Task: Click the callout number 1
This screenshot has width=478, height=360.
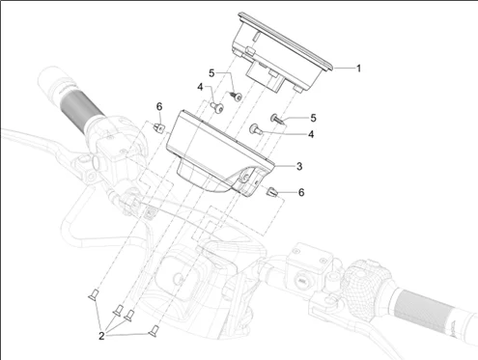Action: [x=358, y=69]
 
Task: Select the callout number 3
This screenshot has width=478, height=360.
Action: [x=299, y=166]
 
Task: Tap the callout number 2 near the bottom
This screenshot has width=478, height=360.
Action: [x=101, y=336]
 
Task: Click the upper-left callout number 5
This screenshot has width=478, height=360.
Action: [x=211, y=73]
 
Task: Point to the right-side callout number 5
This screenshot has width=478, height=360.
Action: [x=313, y=118]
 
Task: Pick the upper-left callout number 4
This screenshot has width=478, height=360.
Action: [x=201, y=87]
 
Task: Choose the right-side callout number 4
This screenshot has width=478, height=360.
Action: [x=311, y=134]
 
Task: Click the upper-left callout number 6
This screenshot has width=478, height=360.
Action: [x=159, y=106]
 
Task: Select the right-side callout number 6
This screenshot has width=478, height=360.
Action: [x=301, y=192]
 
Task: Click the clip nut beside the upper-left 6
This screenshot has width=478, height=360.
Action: [x=158, y=127]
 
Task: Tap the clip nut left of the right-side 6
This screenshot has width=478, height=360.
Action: [x=271, y=192]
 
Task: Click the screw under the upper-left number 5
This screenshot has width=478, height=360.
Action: [x=236, y=96]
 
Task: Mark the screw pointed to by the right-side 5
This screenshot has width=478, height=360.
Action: [x=277, y=120]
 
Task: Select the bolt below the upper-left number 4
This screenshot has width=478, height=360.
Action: [x=217, y=107]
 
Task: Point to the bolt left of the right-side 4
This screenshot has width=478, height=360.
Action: [x=256, y=129]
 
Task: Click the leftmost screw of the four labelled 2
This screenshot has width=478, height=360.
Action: [x=93, y=294]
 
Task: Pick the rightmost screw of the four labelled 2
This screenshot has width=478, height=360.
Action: [x=154, y=331]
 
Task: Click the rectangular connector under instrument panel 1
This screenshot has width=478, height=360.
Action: [x=265, y=76]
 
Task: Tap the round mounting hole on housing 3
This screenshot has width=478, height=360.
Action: [x=245, y=176]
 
